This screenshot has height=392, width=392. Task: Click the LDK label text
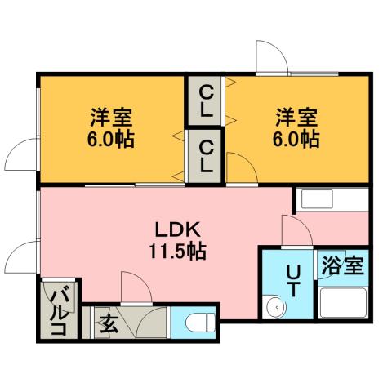173,229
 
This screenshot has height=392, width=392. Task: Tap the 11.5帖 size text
176,251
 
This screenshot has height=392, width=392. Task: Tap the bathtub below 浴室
343,306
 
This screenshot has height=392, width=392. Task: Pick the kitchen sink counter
332,201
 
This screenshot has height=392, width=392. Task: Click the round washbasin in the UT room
275,309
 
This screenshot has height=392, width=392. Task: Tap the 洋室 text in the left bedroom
112,116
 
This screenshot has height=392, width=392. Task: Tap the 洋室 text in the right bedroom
296,116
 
